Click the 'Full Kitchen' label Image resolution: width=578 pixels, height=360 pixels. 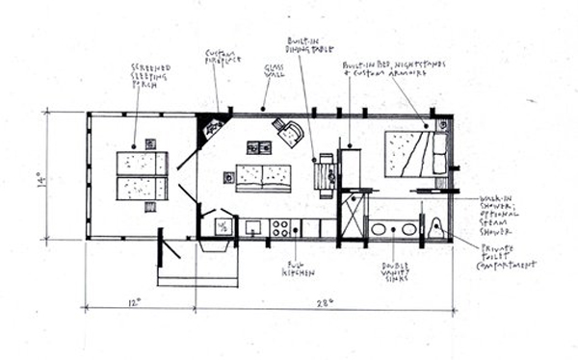click(x=294, y=269)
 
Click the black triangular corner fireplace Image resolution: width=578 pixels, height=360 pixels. click(x=209, y=127)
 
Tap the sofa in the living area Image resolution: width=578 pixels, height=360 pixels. click(x=263, y=178)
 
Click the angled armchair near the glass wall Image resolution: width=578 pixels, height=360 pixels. click(x=288, y=132)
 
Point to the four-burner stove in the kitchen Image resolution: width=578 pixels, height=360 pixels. click(x=281, y=228)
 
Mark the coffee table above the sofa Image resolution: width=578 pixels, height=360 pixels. click(x=258, y=147)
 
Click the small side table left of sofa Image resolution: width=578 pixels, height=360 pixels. click(x=229, y=177)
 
